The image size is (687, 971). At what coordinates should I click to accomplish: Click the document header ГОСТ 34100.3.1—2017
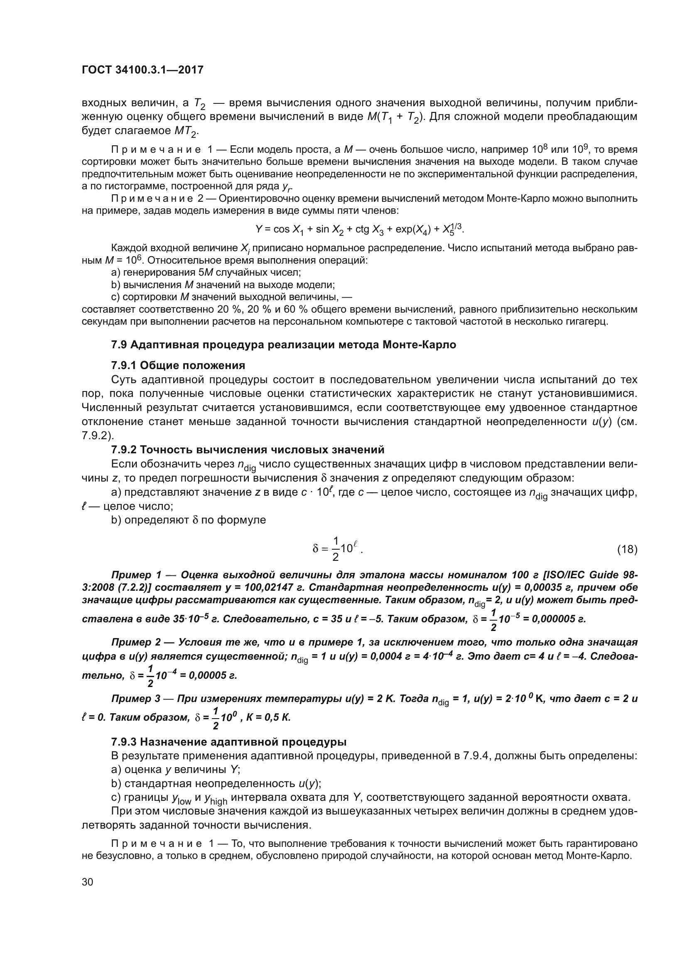142,70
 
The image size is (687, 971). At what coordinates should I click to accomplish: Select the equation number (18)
627,549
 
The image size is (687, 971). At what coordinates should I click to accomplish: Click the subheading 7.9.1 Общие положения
178,365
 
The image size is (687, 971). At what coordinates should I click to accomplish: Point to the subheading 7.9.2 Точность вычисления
248,449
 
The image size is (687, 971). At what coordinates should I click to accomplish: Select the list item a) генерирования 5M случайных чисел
206,272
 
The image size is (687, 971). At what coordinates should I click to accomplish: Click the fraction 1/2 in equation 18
336,549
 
